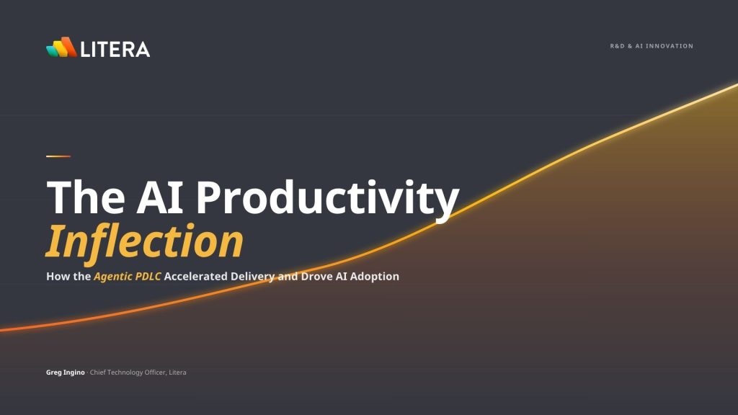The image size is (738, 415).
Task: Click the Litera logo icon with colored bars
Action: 62,47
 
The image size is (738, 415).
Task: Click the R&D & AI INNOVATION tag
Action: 652,46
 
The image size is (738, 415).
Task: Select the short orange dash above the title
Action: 58,156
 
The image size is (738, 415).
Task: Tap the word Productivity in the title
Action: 327,200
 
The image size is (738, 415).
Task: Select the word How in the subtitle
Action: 58,276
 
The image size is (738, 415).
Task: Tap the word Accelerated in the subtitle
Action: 196,276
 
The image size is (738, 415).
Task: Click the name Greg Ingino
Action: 66,372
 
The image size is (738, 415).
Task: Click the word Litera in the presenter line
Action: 177,372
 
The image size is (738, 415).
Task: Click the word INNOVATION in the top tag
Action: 670,46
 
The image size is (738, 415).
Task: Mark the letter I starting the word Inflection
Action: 55,241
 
